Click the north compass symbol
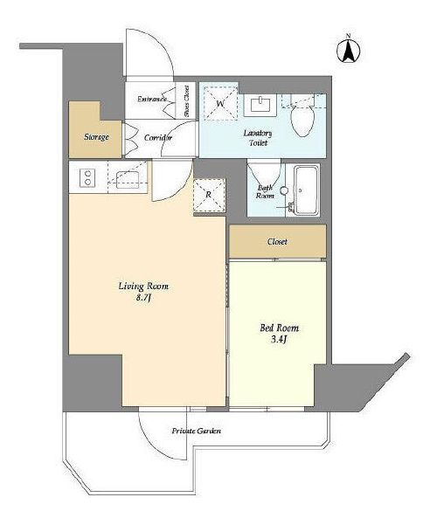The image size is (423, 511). pos(349,50)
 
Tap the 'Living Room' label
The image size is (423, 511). pos(143,287)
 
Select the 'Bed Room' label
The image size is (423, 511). pos(279,328)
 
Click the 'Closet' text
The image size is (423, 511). pos(277,241)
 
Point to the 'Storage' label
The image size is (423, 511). pos(96,137)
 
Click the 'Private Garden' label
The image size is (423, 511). pos(197,431)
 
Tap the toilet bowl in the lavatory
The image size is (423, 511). pos(302,121)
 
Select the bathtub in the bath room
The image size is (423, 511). pos(306,190)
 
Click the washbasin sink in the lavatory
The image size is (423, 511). pos(261,105)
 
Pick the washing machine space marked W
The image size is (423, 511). pos(221,104)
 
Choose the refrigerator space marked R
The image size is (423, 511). pos(209,195)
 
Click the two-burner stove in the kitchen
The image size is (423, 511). pos(87,178)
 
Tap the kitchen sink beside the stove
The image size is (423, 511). pos(128,179)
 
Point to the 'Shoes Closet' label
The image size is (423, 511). pos(186,101)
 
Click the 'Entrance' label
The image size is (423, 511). pos(152,99)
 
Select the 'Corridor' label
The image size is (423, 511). pos(158,137)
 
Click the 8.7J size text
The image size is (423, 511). pos(143,298)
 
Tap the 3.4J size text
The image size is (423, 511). pos(279,340)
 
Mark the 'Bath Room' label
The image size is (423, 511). pos(265,191)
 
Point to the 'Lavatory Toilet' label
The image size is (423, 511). pos(258,138)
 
